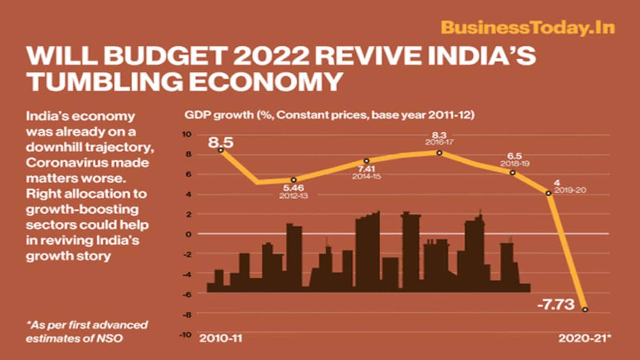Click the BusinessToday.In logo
527,28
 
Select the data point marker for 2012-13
294,180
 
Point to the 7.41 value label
365,169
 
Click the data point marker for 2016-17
439,153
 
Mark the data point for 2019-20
549,193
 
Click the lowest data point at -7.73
585,309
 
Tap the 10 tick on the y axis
187,135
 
